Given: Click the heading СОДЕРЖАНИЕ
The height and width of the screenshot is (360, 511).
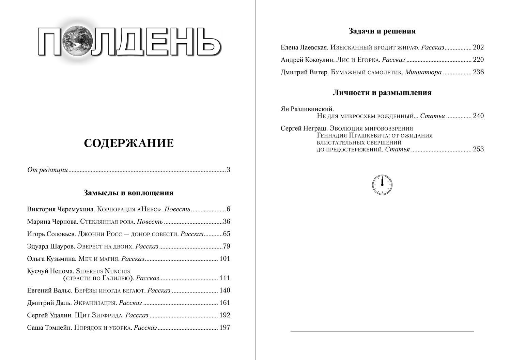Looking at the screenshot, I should point(129,143).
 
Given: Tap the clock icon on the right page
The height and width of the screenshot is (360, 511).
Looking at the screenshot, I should point(382,185).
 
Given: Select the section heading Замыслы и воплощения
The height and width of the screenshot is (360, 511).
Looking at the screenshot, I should point(128,193).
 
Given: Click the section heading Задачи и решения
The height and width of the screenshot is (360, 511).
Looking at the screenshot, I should point(382,31).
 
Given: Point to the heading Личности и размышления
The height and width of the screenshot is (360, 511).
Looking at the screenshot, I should point(382,93).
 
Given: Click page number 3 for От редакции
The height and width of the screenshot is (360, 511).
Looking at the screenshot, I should point(228,170).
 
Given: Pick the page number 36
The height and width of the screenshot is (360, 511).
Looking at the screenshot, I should point(227,222).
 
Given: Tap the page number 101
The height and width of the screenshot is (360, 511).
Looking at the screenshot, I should point(225,259).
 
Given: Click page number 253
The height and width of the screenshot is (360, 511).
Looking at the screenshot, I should point(478,149).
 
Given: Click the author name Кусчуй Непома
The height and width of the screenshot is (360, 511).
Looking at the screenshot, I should point(50,271).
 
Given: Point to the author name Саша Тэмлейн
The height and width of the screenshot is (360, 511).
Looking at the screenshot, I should point(49,328).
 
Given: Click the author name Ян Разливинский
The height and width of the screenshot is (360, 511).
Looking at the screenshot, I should point(307,109).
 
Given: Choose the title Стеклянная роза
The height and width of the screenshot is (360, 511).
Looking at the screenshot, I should point(107,222).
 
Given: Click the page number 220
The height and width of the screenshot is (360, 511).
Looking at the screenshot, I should point(478,60).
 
